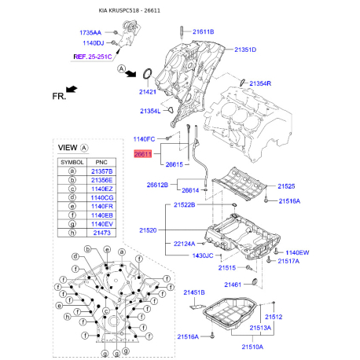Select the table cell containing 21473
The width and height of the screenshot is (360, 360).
(x=103, y=233)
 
